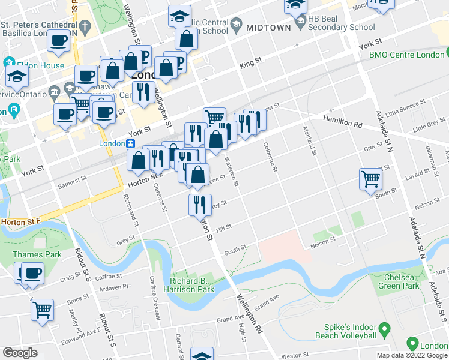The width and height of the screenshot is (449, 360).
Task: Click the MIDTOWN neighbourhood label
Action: pos(269,27)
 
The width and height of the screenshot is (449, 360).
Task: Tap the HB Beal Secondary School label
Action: pos(341,23)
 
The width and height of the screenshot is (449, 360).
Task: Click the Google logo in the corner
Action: pos(20,353)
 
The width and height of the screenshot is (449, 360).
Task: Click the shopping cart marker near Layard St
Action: pos(370,179)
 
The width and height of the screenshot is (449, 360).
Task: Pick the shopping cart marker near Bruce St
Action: pos(42,310)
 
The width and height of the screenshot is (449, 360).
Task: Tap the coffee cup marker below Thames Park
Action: pos(32,273)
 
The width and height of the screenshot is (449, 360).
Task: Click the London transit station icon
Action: pos(130,144)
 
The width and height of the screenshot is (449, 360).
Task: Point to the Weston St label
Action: pos(295,355)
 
